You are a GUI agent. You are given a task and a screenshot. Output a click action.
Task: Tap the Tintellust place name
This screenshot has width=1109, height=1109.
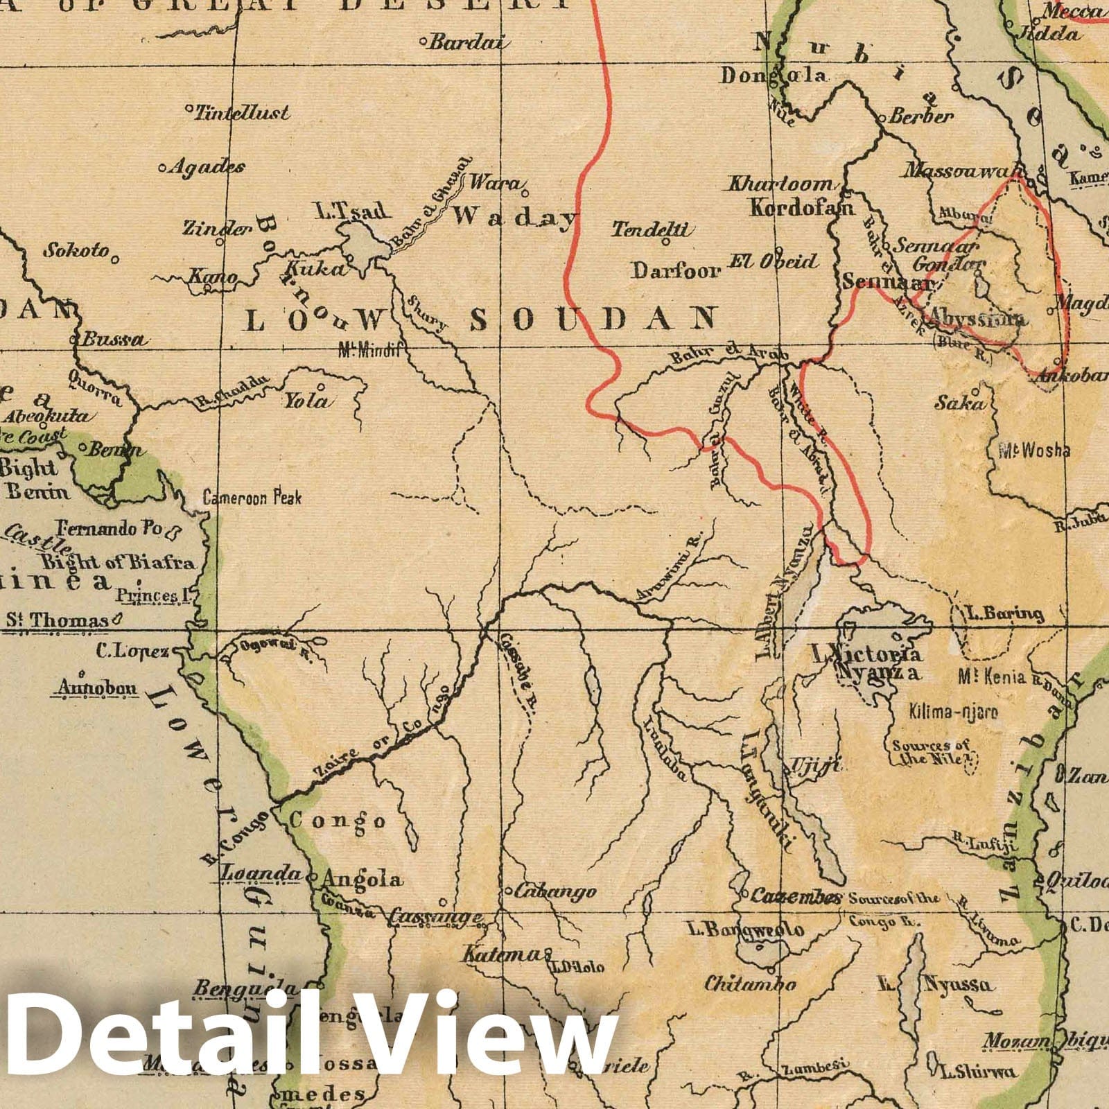241,112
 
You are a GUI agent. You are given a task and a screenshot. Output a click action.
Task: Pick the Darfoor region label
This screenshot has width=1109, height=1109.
675,270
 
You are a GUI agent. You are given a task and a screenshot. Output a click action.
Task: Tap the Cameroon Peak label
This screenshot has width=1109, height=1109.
252,497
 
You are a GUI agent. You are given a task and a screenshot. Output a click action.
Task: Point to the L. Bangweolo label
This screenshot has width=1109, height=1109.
745,929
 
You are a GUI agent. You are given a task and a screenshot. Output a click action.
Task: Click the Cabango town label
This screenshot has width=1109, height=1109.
554,891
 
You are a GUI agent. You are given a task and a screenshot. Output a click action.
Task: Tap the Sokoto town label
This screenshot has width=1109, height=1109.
77,250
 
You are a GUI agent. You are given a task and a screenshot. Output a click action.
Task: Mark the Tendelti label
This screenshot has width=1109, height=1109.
652,229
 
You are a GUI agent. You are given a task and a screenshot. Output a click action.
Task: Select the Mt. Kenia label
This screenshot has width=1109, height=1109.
992,676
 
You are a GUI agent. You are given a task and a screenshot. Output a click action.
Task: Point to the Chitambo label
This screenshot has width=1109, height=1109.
751,984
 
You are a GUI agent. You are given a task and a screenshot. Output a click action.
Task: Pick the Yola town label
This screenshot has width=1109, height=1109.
306,401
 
